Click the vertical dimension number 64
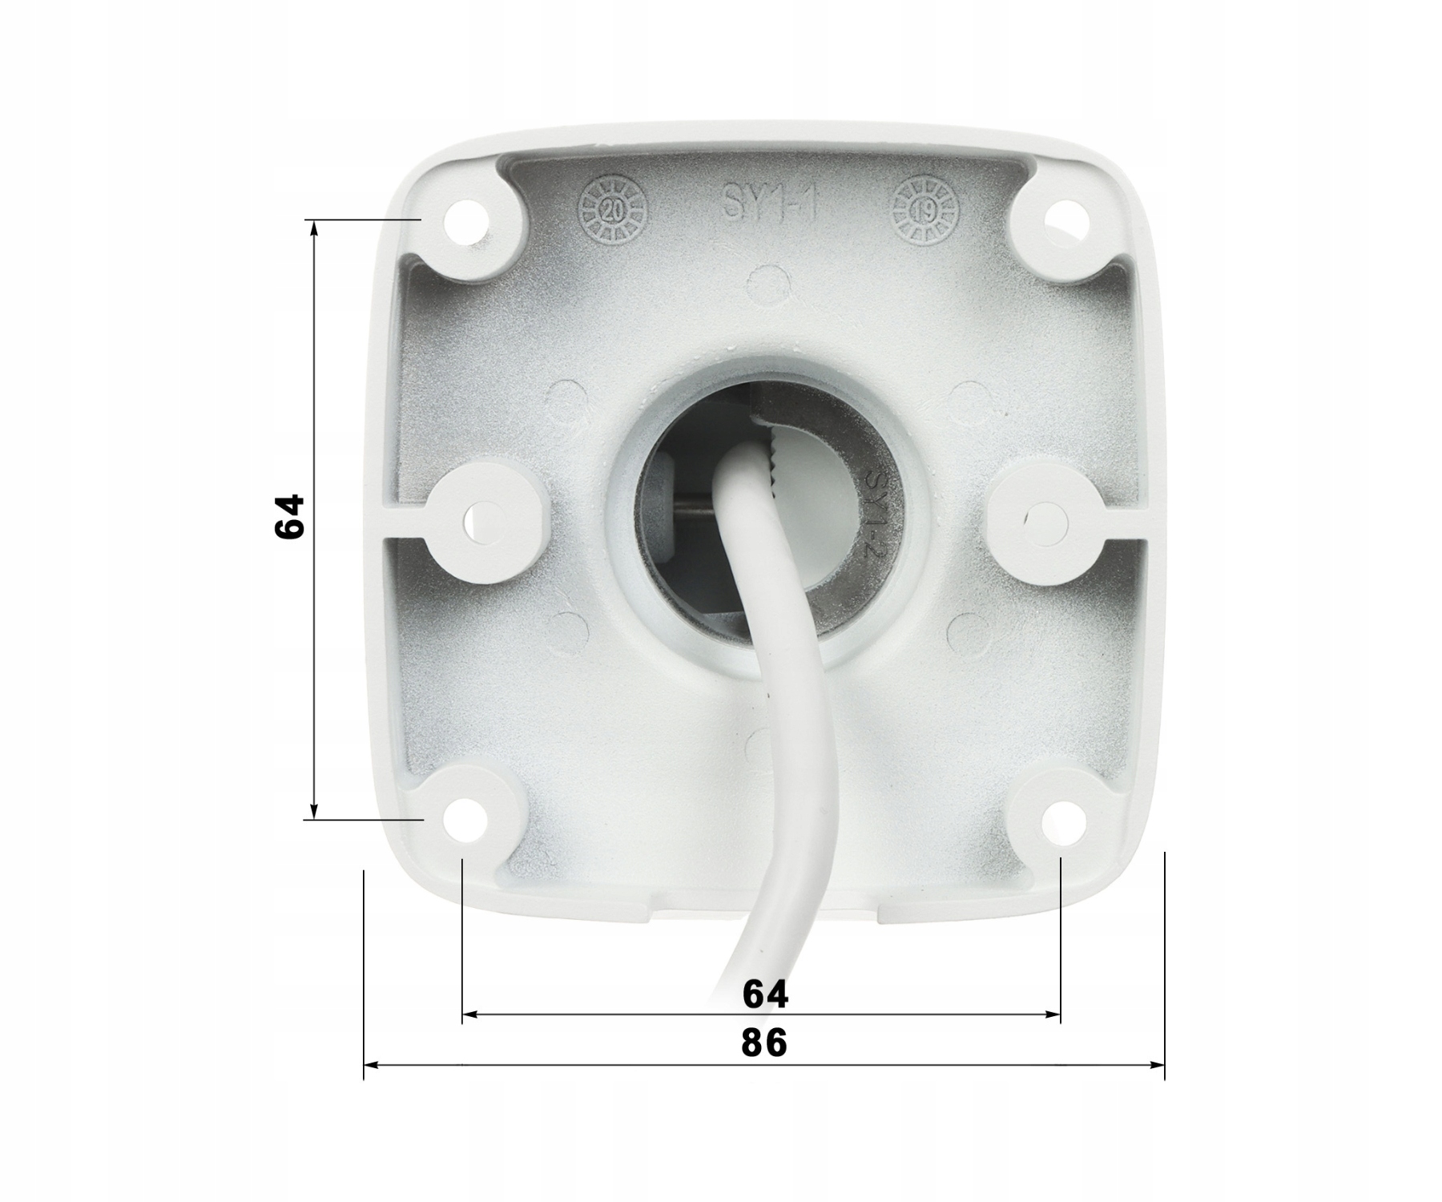click(289, 517)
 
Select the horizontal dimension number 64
click(765, 994)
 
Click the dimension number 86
click(764, 1043)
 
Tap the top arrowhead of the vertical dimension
click(314, 228)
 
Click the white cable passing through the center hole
click(789, 721)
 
